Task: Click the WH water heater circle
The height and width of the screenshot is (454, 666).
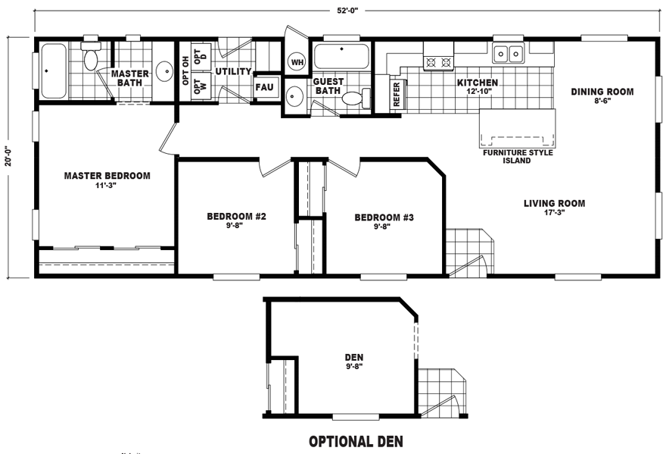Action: click(297, 62)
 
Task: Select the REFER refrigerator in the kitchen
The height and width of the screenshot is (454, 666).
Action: click(396, 94)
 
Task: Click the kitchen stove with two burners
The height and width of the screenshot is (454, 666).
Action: click(438, 56)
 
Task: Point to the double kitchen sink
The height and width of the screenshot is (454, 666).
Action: click(508, 54)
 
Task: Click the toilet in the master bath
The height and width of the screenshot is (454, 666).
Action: click(91, 56)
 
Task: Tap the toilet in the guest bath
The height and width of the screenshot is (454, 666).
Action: click(356, 99)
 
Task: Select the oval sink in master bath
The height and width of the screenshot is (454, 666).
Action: click(163, 71)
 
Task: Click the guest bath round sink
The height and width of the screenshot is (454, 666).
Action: click(294, 96)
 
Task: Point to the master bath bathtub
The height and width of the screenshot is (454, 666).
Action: click(54, 70)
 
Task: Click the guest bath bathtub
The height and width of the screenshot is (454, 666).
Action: click(341, 56)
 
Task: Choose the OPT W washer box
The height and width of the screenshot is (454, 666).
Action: click(201, 86)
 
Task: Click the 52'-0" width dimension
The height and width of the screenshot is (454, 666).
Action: click(348, 11)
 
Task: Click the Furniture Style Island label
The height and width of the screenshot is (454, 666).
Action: click(518, 157)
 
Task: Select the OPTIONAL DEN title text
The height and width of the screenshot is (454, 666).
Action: click(356, 442)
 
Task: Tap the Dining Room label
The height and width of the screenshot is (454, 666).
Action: click(602, 92)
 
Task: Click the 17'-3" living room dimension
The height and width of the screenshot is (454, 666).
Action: click(554, 213)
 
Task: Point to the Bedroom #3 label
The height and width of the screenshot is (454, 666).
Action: click(384, 218)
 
